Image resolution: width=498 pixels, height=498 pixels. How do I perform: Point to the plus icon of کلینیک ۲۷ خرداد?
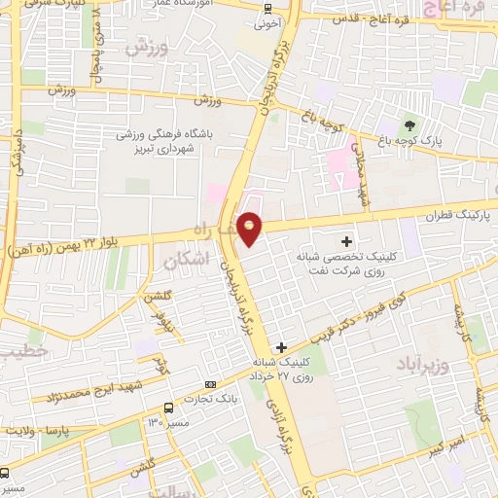coord(281,347)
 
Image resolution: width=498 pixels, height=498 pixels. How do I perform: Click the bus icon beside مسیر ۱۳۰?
coord(169,408)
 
